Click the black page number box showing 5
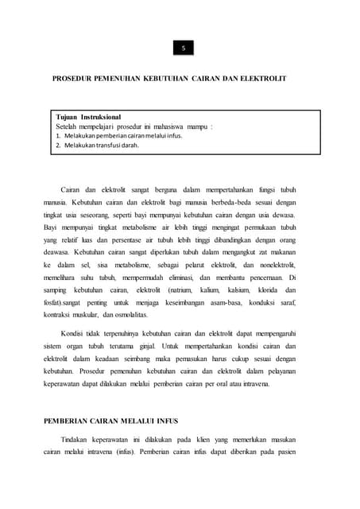click(x=183, y=49)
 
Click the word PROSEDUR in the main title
click(x=75, y=80)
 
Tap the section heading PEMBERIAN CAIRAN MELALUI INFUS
click(x=110, y=419)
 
